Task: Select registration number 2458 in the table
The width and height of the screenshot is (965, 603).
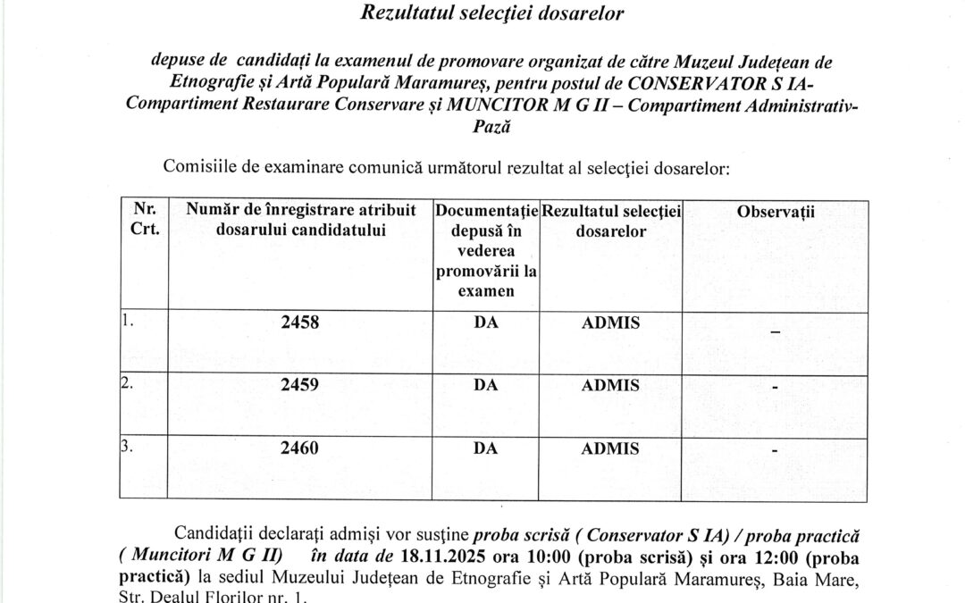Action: point(299,323)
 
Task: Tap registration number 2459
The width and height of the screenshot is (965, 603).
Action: point(299,385)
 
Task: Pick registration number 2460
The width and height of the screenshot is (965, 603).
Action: point(299,448)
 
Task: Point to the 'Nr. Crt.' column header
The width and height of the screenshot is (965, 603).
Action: point(145,219)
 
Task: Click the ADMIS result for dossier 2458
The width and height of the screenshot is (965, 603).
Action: point(610,323)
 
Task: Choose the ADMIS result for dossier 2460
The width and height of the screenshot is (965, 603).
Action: point(610,448)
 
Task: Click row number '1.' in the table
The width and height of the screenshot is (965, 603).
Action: point(127,321)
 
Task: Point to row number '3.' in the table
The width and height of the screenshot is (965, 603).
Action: point(127,446)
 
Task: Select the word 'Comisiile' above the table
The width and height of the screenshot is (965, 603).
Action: point(197,166)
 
